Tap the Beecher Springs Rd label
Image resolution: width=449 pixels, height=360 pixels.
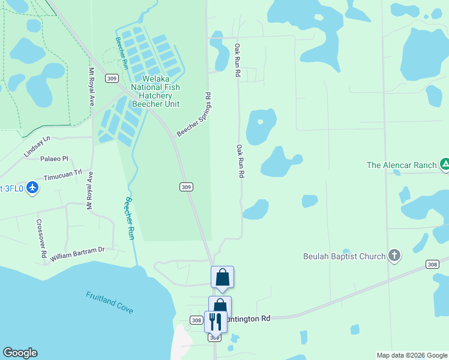tap(194, 114)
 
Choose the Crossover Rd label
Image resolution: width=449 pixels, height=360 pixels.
tap(41, 238)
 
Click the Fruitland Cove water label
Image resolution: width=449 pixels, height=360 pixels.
tap(109, 302)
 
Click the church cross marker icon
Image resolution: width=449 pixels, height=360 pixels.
tap(394, 256)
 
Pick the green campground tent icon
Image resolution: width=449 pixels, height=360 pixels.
tap(445, 164)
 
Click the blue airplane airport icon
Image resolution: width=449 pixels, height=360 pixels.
tap(32, 188)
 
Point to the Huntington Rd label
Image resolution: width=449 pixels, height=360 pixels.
tap(249, 319)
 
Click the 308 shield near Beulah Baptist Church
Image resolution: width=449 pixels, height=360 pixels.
tap(432, 264)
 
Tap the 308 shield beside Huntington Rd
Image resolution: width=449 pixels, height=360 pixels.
tap(196, 320)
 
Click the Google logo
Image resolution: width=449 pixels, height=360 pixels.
tap(20, 353)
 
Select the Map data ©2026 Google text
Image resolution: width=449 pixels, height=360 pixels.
tap(411, 355)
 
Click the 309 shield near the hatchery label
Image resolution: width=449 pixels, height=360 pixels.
tap(110, 79)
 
